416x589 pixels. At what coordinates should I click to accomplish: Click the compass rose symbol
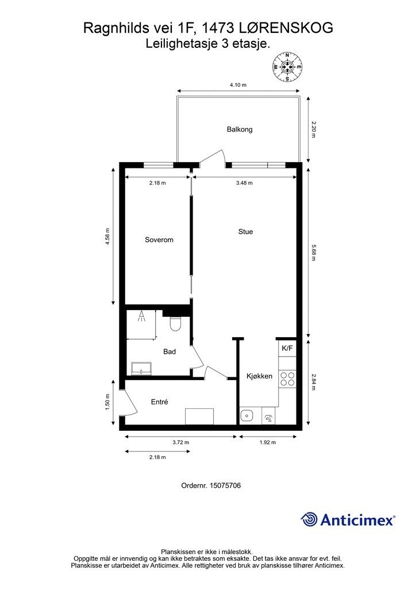[x=287, y=67]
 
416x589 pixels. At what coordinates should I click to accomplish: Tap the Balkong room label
[x=240, y=129]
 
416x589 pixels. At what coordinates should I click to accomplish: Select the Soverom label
[x=159, y=240]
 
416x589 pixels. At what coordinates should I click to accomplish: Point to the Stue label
[x=245, y=232]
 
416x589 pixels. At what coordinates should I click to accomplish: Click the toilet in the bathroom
[x=175, y=323]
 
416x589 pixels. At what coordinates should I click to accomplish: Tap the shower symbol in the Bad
[x=141, y=316]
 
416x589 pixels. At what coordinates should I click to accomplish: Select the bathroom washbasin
[x=141, y=368]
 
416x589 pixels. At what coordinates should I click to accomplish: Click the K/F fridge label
[x=287, y=348]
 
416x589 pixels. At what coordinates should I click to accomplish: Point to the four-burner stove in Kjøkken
[x=287, y=378]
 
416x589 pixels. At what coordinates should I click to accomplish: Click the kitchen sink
[x=246, y=416]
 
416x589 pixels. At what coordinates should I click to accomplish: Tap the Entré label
[x=159, y=402]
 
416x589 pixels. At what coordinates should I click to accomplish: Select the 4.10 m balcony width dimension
[x=238, y=85]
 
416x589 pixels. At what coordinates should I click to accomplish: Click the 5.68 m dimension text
[x=314, y=253]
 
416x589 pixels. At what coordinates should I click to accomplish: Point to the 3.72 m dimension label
[x=181, y=442]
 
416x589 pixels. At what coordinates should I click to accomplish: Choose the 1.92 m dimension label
[x=267, y=442]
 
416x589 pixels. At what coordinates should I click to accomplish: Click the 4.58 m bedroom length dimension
[x=107, y=237]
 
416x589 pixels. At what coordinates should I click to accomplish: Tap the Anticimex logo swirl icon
[x=309, y=519]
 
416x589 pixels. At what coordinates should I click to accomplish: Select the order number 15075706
[x=225, y=485]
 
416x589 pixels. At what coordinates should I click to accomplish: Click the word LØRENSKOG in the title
[x=286, y=28]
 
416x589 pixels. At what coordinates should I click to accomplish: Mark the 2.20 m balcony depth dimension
[x=314, y=129]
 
